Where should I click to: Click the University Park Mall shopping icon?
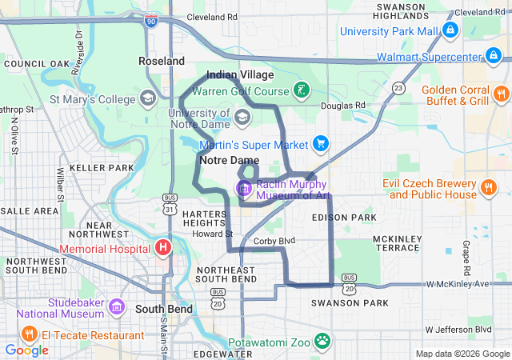coord(450,30)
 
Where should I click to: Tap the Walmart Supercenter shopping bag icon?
coord(494,57)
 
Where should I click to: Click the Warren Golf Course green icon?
coord(301,90)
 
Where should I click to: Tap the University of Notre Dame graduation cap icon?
coord(241,118)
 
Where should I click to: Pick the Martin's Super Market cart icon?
coord(321,144)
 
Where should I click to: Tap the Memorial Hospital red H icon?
coord(163,247)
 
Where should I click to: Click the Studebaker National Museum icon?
coord(116,307)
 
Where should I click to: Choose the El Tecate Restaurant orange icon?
coord(28,334)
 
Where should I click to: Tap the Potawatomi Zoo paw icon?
coord(322,341)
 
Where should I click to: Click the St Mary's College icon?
coord(148,99)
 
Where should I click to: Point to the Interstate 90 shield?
coord(152,22)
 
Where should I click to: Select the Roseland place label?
coord(161,61)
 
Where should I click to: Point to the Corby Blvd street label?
coord(274,240)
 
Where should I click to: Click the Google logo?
coord(27,350)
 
